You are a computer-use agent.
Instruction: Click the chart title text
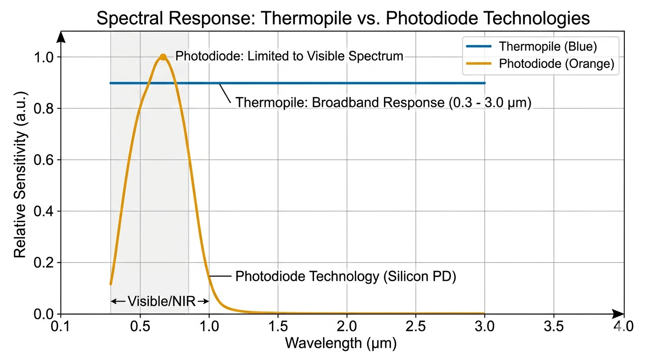[343, 18]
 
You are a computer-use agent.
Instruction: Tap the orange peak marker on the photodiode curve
[163, 57]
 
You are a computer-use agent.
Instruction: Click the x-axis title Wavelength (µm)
[341, 344]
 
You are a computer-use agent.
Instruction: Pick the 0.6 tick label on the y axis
[44, 160]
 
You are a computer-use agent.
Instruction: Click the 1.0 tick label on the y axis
[44, 57]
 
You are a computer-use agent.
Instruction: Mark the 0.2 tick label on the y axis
[44, 262]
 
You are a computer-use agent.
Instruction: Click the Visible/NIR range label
[161, 301]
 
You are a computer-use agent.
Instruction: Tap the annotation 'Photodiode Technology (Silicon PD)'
[345, 277]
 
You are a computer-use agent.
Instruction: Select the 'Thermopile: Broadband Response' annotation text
[383, 102]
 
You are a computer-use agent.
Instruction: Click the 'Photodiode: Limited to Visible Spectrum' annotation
[289, 56]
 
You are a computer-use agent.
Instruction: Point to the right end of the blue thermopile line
[484, 83]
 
